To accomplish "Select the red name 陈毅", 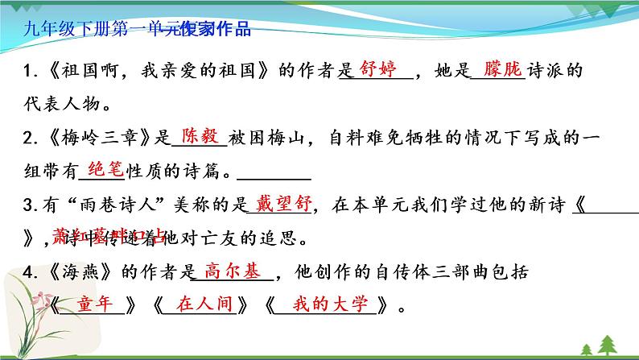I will (199, 135).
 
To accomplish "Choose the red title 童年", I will (97, 304).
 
